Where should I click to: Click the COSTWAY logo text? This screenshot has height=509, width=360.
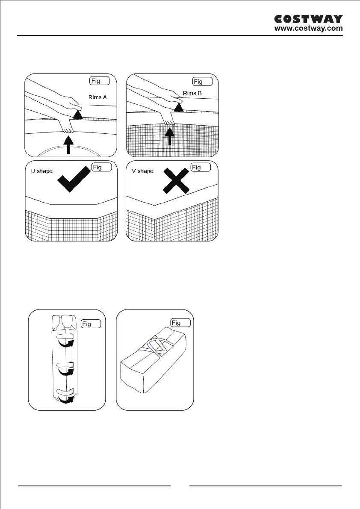point(308,19)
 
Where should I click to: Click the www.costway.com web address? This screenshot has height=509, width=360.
point(308,29)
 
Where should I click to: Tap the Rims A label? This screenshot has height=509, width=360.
point(98,97)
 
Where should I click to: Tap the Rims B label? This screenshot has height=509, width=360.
point(192,93)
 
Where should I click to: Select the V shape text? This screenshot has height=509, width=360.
point(142,171)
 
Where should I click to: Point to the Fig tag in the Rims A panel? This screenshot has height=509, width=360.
point(100,81)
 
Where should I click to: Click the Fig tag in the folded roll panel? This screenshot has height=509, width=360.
point(91,324)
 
